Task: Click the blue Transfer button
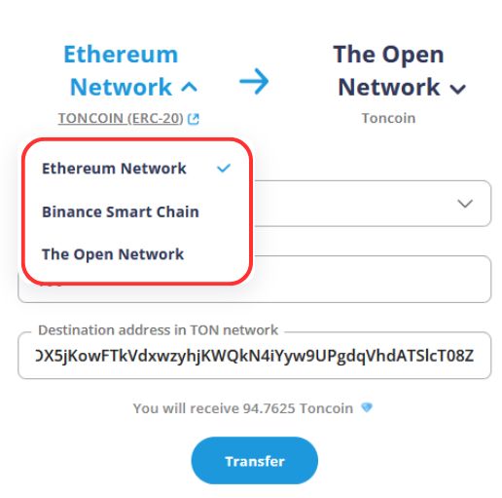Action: tap(255, 460)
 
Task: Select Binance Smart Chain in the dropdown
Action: tap(121, 211)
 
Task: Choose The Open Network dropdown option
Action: tap(113, 254)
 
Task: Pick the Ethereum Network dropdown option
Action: tap(114, 169)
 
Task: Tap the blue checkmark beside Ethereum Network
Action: tap(224, 168)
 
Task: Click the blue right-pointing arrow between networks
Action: tap(254, 81)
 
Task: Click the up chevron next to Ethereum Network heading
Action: tap(189, 87)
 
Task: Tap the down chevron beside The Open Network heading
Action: tap(458, 89)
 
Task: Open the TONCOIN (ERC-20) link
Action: tap(121, 118)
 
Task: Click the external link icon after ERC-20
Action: tap(194, 119)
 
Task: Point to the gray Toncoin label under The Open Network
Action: tap(388, 118)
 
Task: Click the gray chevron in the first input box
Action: tap(465, 204)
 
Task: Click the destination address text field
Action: tap(255, 356)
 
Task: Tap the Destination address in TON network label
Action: tap(158, 330)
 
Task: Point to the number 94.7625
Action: tap(269, 408)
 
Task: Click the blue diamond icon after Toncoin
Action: tap(367, 407)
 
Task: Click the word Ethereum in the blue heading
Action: tap(121, 54)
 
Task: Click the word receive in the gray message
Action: tap(214, 408)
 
